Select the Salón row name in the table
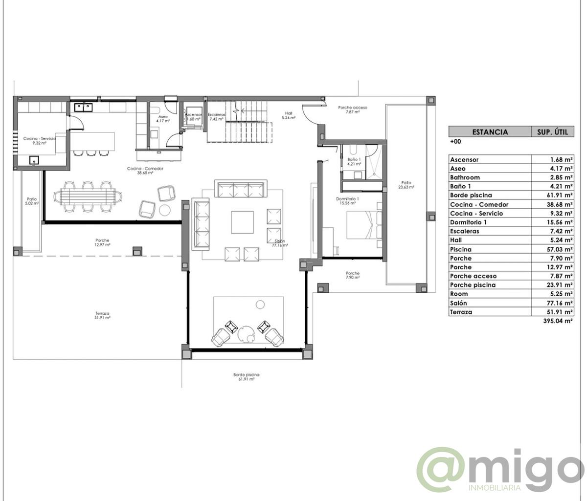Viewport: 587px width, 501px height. tap(458, 303)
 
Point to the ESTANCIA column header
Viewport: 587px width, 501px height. tap(490, 131)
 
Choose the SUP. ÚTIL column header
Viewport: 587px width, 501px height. tap(552, 131)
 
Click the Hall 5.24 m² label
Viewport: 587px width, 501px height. tap(289, 115)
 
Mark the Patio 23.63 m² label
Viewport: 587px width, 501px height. tap(406, 184)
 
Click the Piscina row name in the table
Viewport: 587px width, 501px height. tap(461, 249)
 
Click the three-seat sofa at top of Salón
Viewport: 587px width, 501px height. tap(240, 189)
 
